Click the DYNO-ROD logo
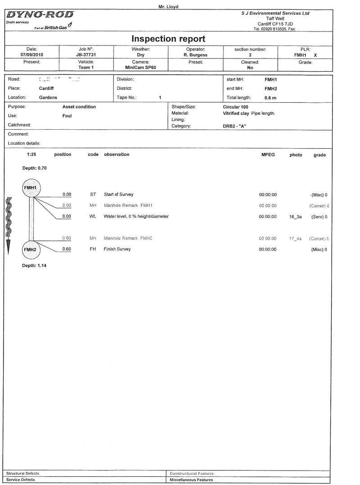(40, 15)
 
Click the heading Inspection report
(168, 39)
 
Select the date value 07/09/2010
(31, 55)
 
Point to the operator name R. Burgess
(195, 55)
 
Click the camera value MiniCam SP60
(140, 68)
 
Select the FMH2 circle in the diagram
(31, 249)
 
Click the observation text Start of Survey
(118, 195)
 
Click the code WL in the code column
(93, 217)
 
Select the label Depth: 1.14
(34, 266)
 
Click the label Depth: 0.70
(34, 168)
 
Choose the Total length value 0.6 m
(270, 97)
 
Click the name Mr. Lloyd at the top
(168, 7)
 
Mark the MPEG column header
(267, 154)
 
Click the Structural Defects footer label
(22, 473)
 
